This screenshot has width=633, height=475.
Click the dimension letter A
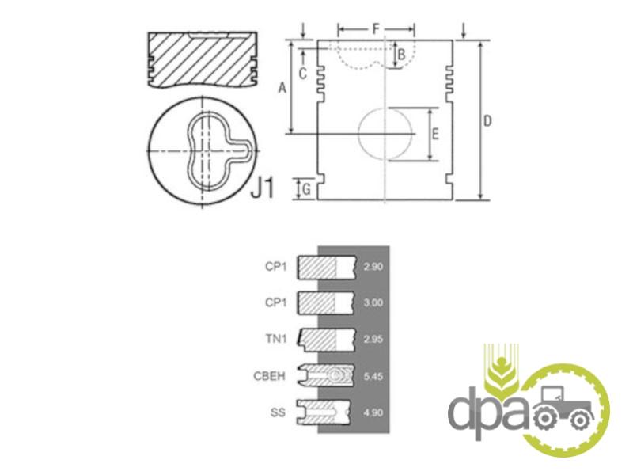(282, 87)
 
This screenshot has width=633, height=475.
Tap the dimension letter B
(401, 55)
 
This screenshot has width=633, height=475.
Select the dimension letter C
(303, 74)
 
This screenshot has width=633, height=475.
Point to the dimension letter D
(487, 120)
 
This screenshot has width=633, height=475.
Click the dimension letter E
(434, 134)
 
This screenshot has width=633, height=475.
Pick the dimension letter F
(376, 29)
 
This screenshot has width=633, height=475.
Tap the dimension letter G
(307, 189)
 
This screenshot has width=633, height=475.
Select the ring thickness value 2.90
(373, 267)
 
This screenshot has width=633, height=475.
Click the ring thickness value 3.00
(373, 302)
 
